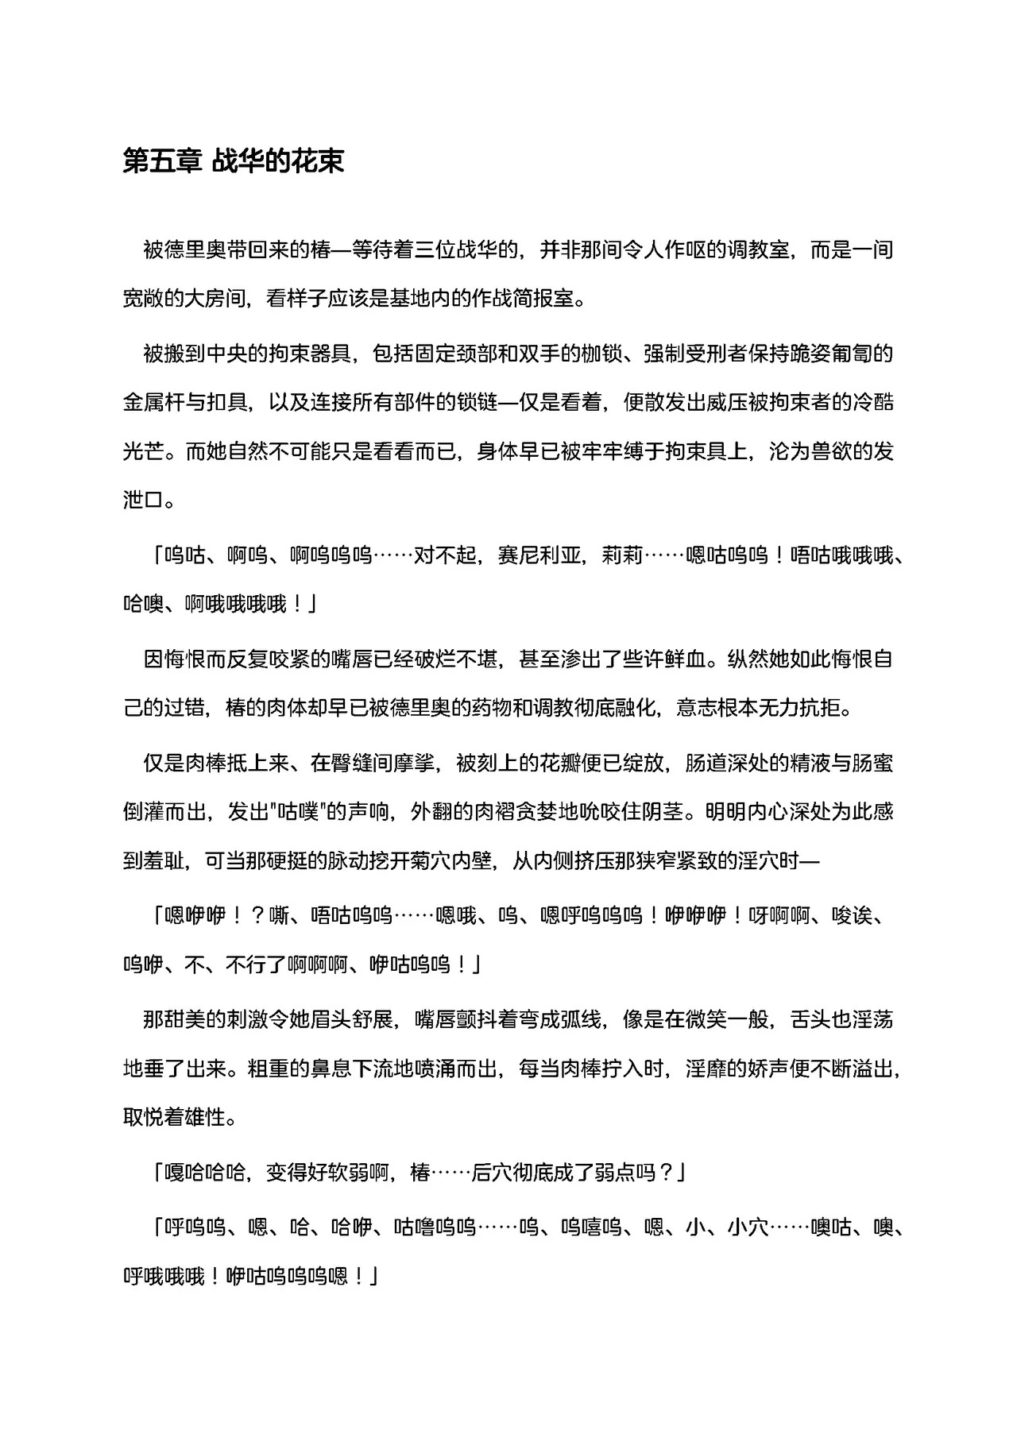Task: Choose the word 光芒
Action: pyautogui.click(x=144, y=451)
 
